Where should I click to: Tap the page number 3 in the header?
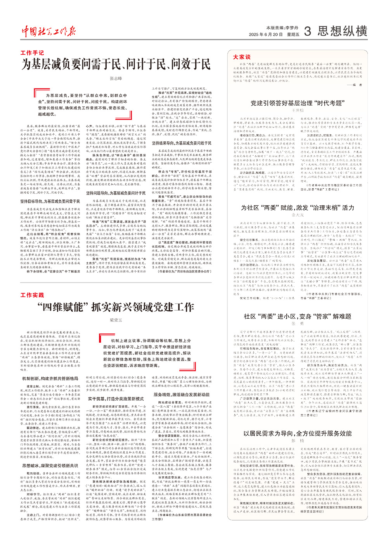pyautogui.click(x=307, y=31)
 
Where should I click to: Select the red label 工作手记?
pyautogui.click(x=32, y=53)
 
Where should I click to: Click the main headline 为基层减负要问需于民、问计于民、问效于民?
pyautogui.click(x=116, y=64)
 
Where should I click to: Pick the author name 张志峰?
pyautogui.click(x=116, y=78)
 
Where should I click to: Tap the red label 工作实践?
pyautogui.click(x=32, y=295)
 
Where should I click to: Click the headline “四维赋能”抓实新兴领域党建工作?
pyautogui.click(x=116, y=307)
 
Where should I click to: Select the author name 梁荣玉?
pyautogui.click(x=116, y=320)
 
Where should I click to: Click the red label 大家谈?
pyautogui.click(x=242, y=57)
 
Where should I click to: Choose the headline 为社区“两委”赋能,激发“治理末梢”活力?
pyautogui.click(x=298, y=208)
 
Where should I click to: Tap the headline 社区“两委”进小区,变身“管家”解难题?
pyautogui.click(x=298, y=316)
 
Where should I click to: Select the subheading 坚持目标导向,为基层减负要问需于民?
pyautogui.click(x=50, y=201)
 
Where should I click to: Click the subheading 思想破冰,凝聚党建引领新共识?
pyautogui.click(x=50, y=465)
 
